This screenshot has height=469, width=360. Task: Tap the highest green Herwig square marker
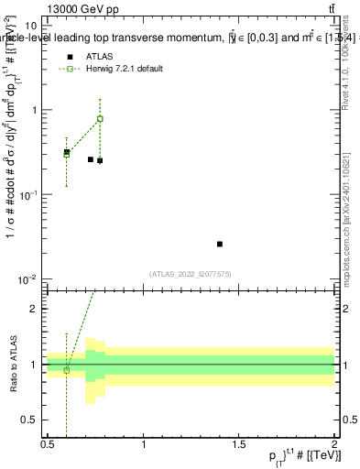pyautogui.click(x=100, y=119)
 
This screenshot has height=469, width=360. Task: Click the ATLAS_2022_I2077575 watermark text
pyautogui.click(x=190, y=273)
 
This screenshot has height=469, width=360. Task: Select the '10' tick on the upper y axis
pyautogui.click(x=31, y=26)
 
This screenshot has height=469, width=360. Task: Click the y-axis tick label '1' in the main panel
pyautogui.click(x=34, y=110)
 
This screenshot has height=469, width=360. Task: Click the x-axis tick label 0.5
pyautogui.click(x=48, y=444)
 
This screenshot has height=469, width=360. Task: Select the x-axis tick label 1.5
pyautogui.click(x=239, y=444)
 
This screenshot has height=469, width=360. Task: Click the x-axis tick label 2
pyautogui.click(x=334, y=444)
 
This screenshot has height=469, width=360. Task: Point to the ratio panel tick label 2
pyautogui.click(x=36, y=309)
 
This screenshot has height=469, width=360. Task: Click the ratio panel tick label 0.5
pyautogui.click(x=32, y=420)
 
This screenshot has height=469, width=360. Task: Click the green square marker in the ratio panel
pyautogui.click(x=66, y=369)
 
